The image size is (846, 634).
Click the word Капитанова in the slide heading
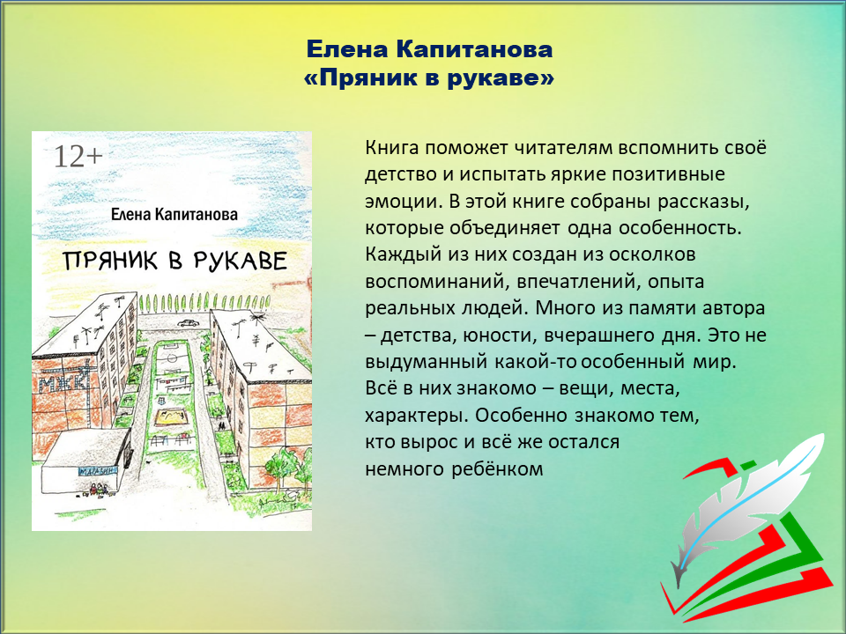[474, 49]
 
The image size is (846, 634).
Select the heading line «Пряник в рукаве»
[429, 78]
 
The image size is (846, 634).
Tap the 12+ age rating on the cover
[78, 157]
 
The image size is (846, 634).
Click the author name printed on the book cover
[174, 215]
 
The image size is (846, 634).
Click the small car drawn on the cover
[188, 323]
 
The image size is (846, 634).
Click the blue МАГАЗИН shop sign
[98, 471]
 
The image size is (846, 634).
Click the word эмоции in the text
[404, 201]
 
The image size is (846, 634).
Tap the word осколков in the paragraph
[652, 254]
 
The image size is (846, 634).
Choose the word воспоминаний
[438, 282]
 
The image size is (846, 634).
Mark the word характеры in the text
[417, 416]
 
